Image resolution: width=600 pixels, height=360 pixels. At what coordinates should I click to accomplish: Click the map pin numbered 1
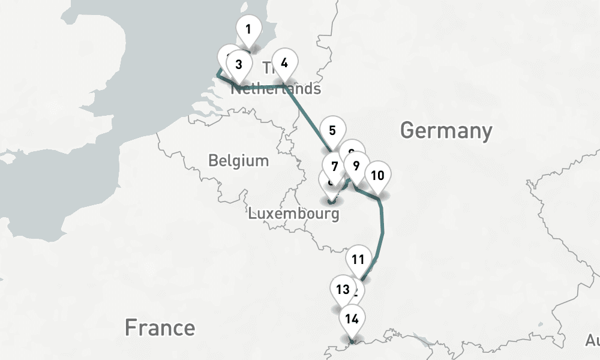(x=248, y=29)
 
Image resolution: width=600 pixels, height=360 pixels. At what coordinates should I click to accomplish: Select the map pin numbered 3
(x=238, y=65)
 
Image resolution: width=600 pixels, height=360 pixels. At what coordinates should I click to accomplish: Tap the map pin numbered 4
(x=284, y=62)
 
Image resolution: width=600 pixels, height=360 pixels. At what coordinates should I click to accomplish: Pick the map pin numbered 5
(x=332, y=130)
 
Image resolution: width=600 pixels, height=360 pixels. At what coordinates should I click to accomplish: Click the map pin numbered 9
(x=356, y=166)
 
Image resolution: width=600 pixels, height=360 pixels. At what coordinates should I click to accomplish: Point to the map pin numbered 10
(x=377, y=175)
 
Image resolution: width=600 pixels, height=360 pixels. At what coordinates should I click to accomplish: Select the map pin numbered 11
(x=358, y=259)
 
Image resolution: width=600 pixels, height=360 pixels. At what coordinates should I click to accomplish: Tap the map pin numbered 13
(x=343, y=290)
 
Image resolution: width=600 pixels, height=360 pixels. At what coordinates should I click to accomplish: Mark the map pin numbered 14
(x=352, y=319)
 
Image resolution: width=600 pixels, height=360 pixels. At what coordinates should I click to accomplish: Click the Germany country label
(x=446, y=130)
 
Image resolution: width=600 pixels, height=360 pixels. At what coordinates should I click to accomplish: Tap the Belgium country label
(x=238, y=161)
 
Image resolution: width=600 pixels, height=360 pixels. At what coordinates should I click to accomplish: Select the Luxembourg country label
(x=294, y=213)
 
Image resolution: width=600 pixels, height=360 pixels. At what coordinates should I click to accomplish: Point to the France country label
(x=160, y=328)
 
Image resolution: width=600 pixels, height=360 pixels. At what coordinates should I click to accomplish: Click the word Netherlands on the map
(x=277, y=89)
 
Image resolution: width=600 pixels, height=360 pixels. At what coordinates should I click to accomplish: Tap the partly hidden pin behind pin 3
(x=228, y=56)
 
